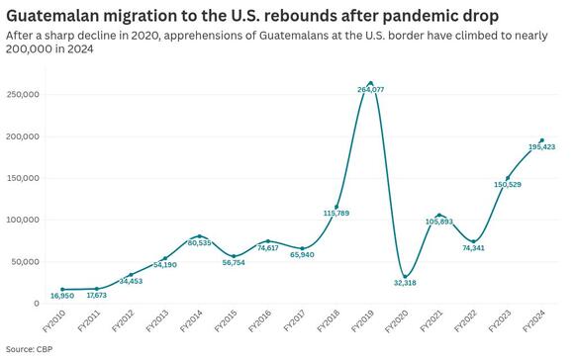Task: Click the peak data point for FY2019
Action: click(x=370, y=83)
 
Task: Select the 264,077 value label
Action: click(x=370, y=91)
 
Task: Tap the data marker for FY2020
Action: click(x=404, y=277)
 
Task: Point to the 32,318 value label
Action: click(x=404, y=284)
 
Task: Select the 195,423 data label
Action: click(x=540, y=147)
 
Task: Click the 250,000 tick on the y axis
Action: click(x=22, y=94)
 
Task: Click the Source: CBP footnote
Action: click(x=29, y=350)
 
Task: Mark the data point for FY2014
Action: click(x=199, y=236)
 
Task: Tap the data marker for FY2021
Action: click(x=438, y=215)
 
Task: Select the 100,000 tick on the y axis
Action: click(x=22, y=220)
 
